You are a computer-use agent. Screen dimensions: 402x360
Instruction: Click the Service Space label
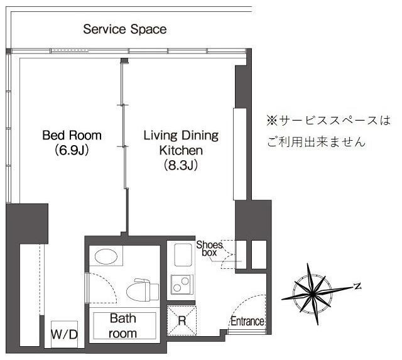click(x=125, y=29)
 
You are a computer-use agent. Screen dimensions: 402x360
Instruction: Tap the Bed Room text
click(x=72, y=135)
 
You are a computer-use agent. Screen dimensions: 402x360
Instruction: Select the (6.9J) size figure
click(x=72, y=150)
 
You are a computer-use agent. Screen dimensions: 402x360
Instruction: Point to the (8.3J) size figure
click(x=181, y=165)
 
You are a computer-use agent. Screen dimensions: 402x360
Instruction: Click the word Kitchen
click(x=181, y=150)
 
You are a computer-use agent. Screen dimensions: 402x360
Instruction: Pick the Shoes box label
click(x=209, y=248)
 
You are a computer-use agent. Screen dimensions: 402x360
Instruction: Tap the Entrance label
click(x=247, y=321)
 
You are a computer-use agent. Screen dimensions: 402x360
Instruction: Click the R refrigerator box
click(x=182, y=321)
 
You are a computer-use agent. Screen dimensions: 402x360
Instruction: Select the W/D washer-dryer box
click(x=64, y=334)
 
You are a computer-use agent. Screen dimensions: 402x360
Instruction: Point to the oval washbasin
click(x=106, y=256)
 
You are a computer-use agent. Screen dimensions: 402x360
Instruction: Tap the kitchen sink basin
click(x=183, y=255)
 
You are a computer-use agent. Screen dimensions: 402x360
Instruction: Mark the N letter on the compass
click(x=357, y=286)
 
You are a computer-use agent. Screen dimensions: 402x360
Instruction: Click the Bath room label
click(x=123, y=326)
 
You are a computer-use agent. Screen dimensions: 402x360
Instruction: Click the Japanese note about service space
click(x=328, y=131)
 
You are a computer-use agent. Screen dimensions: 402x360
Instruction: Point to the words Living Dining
click(x=181, y=135)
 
